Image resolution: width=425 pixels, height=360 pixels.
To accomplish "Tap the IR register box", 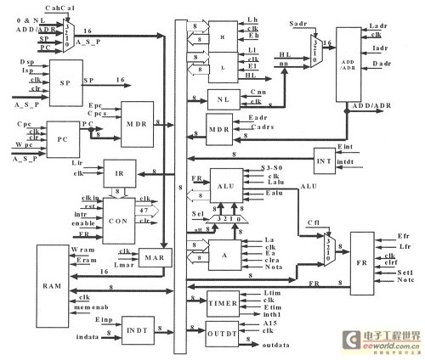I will click(119, 172).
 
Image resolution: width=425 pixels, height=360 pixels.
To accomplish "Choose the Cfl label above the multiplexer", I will click(313, 223).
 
